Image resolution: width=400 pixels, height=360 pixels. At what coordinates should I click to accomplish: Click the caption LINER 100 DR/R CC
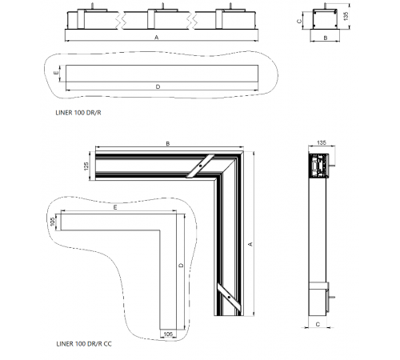[84, 344]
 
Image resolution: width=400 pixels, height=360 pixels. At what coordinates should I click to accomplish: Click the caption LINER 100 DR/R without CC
[78, 113]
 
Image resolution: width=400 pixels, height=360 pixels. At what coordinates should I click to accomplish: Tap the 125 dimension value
[86, 166]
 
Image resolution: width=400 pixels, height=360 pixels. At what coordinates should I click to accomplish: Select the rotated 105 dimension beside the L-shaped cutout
[53, 222]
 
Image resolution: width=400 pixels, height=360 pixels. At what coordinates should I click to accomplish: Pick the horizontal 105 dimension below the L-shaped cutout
[168, 334]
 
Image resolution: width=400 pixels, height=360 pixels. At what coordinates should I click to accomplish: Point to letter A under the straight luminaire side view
[157, 38]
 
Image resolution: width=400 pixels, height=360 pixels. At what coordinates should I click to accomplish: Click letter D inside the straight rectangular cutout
[158, 86]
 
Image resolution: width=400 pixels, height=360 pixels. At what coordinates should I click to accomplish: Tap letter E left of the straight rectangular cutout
[56, 73]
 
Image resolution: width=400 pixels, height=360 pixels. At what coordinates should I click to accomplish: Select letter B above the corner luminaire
[168, 143]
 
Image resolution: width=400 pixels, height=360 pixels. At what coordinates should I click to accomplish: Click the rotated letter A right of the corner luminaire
[250, 244]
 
